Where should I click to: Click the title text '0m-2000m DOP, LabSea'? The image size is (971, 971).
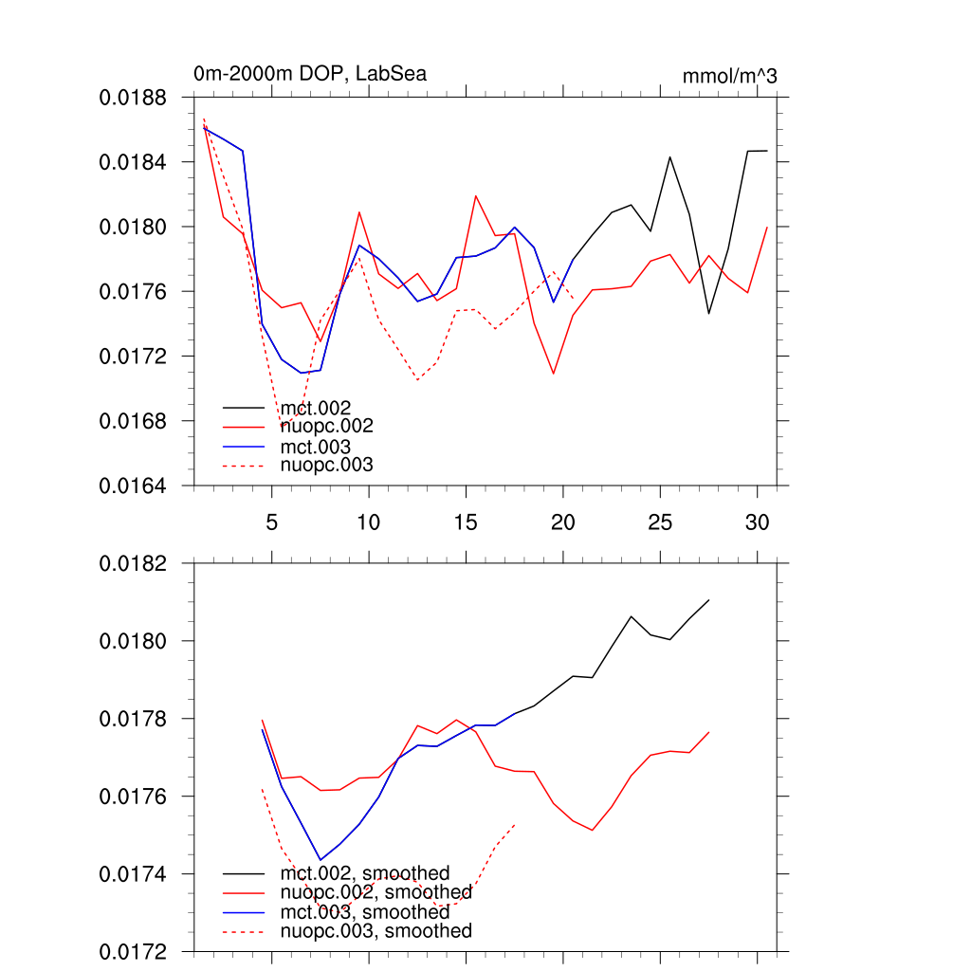pyautogui.click(x=309, y=74)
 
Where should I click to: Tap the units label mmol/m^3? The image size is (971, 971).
pyautogui.click(x=729, y=76)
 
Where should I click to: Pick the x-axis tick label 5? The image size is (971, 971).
pyautogui.click(x=272, y=522)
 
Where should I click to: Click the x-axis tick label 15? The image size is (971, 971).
pyautogui.click(x=466, y=522)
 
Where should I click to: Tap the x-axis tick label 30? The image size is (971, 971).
pyautogui.click(x=757, y=522)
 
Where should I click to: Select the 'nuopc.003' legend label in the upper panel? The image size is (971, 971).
pyautogui.click(x=326, y=465)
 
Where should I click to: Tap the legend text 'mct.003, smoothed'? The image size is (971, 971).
pyautogui.click(x=364, y=912)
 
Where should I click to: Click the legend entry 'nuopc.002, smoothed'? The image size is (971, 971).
pyautogui.click(x=376, y=892)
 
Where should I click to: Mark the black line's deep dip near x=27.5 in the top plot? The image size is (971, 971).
pyautogui.click(x=708, y=313)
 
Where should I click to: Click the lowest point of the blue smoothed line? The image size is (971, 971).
pyautogui.click(x=321, y=860)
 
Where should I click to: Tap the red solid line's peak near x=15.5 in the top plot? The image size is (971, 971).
pyautogui.click(x=476, y=196)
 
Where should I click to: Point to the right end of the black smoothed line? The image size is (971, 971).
pyautogui.click(x=708, y=600)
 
